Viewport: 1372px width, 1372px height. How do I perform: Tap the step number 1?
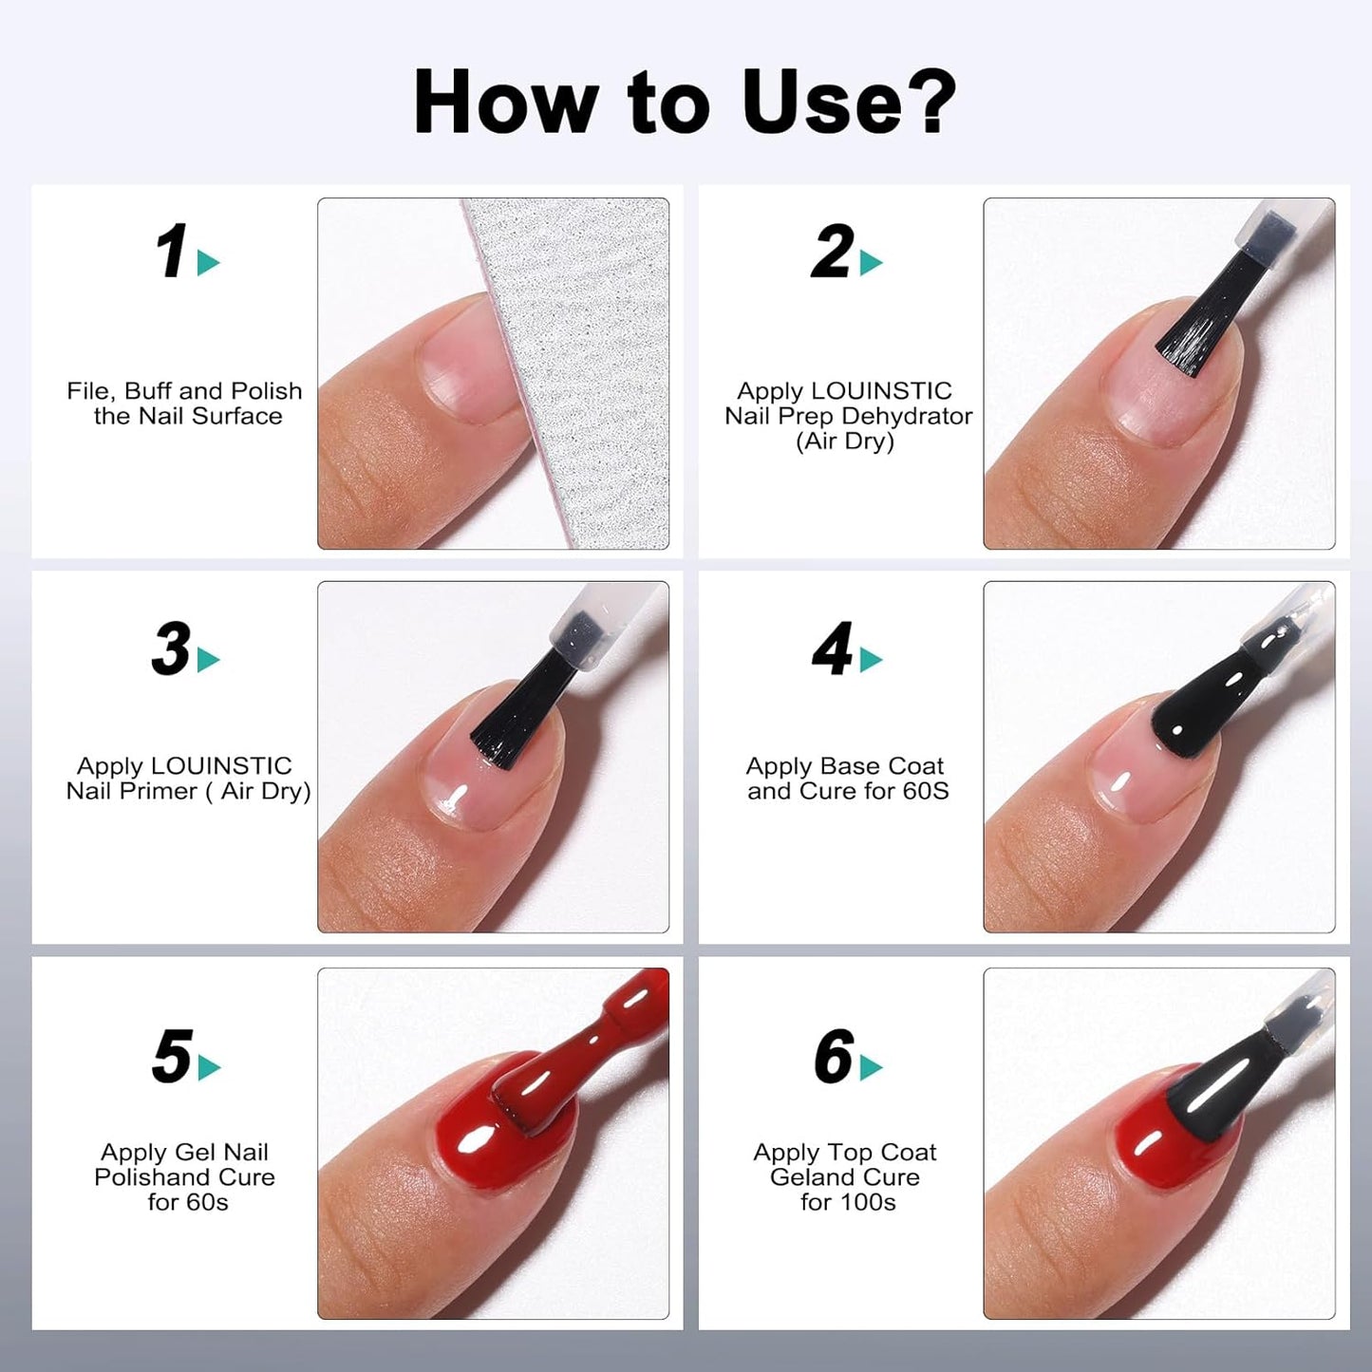[x=171, y=253]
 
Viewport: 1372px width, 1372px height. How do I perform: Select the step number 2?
[x=832, y=253]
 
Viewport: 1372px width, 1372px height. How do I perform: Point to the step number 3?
[x=171, y=649]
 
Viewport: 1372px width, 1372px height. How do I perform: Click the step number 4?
[x=832, y=649]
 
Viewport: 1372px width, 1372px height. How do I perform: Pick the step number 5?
[x=171, y=1056]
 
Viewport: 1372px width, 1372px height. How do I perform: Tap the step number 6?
[x=833, y=1056]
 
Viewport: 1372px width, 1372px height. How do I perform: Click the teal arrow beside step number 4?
[x=871, y=661]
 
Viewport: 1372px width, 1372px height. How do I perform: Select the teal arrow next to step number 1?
[x=208, y=263]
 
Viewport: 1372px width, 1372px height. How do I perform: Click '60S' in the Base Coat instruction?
[x=926, y=791]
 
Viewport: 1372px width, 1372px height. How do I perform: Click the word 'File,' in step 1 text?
[x=91, y=391]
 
